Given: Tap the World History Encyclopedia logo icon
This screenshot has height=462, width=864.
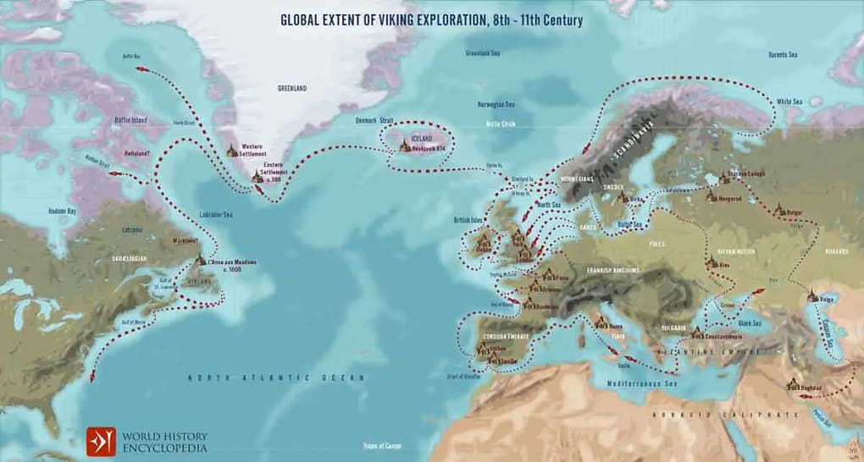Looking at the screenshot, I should pos(101,442).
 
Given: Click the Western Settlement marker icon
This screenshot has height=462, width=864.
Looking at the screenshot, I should pos(232,151).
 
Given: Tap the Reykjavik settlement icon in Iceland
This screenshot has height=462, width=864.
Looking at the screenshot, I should pos(406,146).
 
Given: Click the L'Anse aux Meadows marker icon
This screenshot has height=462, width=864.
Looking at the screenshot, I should pos(200,261).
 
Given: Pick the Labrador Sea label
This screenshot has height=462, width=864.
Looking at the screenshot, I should pos(216,215).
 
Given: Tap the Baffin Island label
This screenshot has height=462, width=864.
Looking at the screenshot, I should pos(131,120).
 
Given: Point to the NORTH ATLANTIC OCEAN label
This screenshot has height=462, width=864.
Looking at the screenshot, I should pos(276,377).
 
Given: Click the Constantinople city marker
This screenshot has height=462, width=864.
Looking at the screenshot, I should pos(696,333).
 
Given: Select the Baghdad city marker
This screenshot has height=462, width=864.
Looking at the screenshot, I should pos(793,384).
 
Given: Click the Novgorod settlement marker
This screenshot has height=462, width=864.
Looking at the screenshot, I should pos(712,195).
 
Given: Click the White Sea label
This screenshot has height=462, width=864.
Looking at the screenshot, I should pos(791,102).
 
